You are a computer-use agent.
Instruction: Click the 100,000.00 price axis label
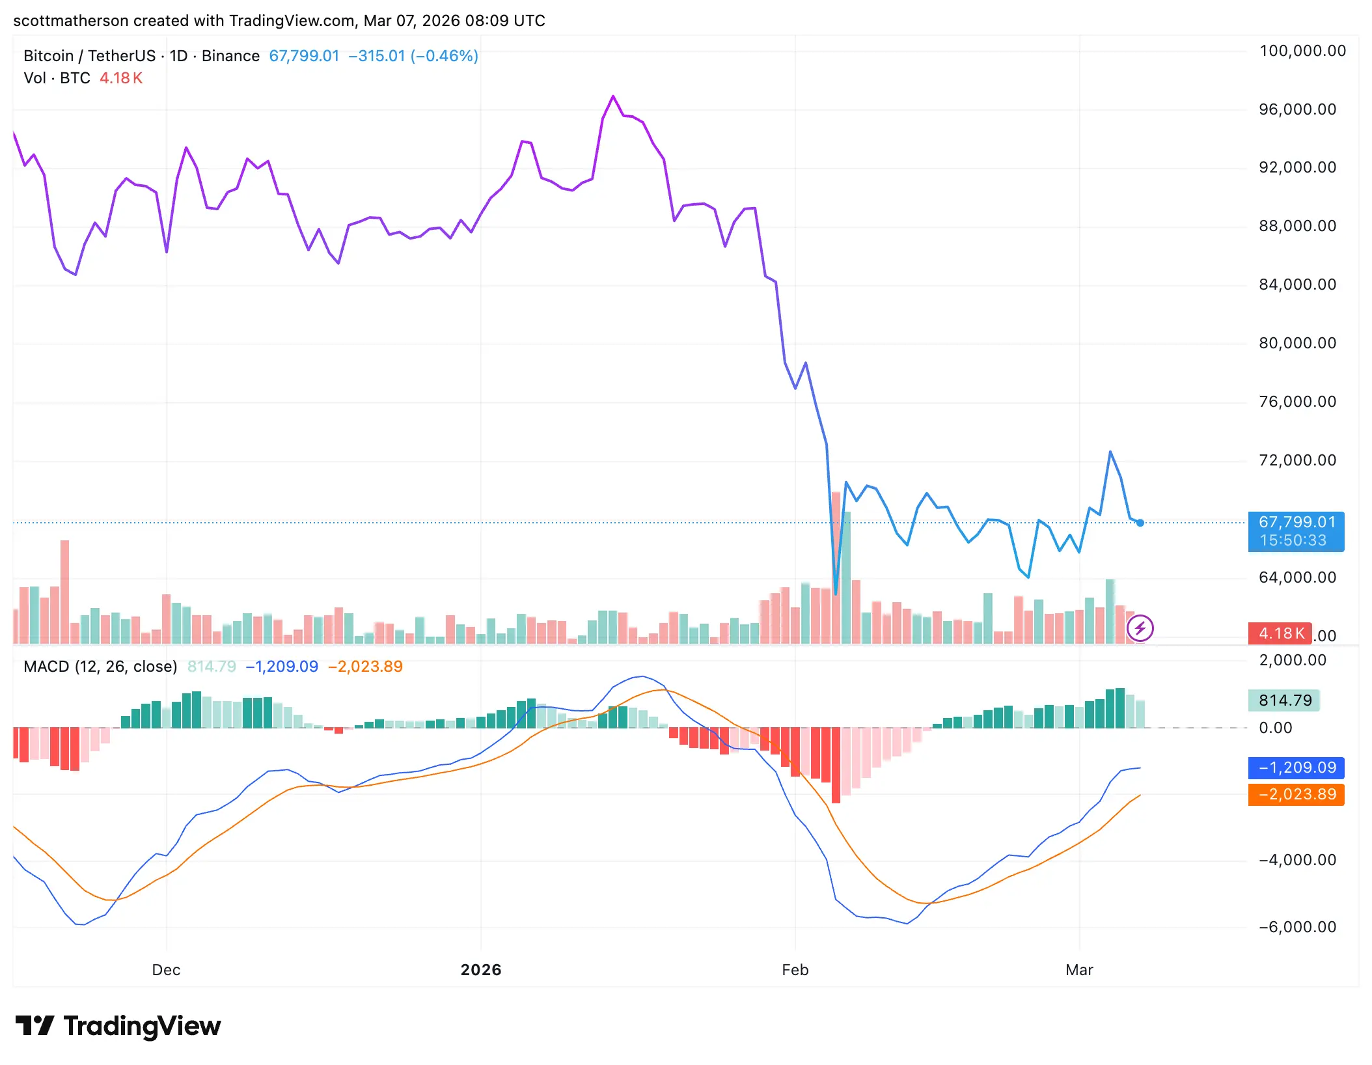1302,51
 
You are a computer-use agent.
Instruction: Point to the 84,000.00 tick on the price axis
1297,284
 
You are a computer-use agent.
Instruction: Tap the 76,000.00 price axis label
1297,402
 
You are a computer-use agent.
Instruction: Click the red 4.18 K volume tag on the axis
1280,633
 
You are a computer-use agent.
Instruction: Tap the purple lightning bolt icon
1140,628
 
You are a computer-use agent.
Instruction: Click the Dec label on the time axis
166,970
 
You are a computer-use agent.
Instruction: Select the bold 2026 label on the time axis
481,970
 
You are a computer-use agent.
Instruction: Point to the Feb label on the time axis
795,970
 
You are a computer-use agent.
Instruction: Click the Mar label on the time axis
1079,970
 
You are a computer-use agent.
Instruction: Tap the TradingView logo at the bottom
118,1027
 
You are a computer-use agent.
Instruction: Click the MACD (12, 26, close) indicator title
100,667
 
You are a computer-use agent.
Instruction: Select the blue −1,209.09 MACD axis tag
1296,768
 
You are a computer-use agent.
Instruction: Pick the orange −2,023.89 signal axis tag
1296,795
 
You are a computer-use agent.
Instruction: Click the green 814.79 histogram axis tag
1284,700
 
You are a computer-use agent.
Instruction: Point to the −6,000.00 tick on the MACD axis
1297,927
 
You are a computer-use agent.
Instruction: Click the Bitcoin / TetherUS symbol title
89,56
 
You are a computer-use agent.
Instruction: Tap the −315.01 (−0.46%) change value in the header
413,56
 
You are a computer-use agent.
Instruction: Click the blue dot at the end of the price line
1140,523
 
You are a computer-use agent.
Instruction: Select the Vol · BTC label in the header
57,78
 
